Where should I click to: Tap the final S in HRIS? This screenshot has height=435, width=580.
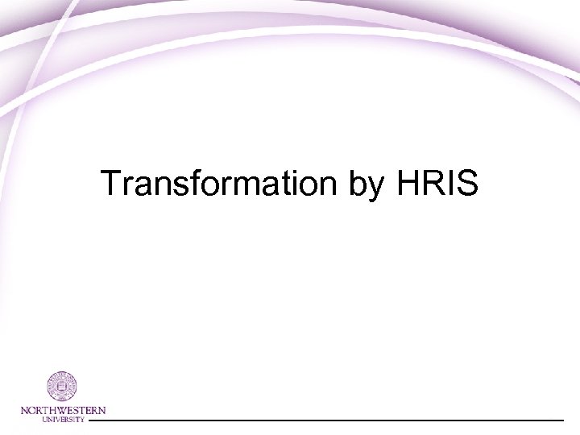467,184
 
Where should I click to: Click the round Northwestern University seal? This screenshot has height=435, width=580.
62,387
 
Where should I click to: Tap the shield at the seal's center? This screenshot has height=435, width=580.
62,387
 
